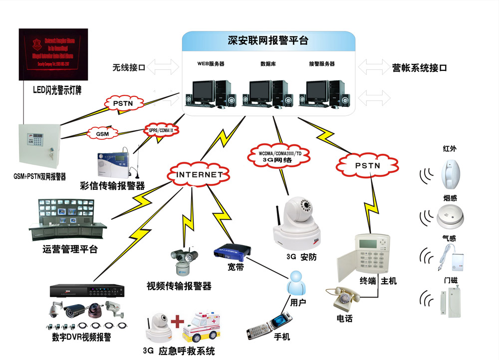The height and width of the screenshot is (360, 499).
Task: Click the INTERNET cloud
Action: pyautogui.click(x=199, y=174)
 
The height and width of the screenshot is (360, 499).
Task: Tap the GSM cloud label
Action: pyautogui.click(x=103, y=133)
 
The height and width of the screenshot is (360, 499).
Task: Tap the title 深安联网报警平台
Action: pyautogui.click(x=268, y=40)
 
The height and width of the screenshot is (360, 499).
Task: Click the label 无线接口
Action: pyautogui.click(x=129, y=67)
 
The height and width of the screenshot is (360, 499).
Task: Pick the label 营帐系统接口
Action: pyautogui.click(x=419, y=67)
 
